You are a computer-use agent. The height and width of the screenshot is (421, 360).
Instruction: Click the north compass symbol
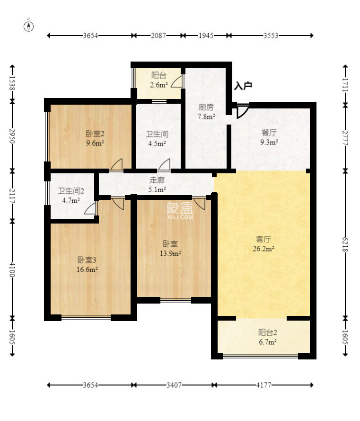[29, 27]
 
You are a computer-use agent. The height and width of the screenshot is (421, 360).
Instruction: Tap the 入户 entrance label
[243, 86]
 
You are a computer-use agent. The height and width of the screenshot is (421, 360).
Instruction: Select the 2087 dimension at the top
[158, 36]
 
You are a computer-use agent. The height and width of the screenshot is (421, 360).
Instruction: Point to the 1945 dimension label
[206, 36]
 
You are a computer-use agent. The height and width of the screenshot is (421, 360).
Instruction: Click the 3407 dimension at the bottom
[174, 385]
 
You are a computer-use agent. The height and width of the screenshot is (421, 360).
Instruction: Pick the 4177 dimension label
[263, 385]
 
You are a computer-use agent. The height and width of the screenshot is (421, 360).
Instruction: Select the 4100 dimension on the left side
[12, 269]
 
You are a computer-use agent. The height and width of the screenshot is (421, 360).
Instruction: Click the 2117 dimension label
[12, 196]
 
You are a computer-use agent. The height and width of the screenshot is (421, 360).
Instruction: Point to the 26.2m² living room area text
[263, 249]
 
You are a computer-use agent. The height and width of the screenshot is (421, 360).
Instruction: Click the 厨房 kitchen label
[206, 107]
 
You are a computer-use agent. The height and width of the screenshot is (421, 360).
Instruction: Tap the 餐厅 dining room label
[269, 133]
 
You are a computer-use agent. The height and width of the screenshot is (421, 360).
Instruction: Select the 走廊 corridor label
[157, 180]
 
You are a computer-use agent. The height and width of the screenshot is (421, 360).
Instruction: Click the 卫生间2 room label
[71, 191]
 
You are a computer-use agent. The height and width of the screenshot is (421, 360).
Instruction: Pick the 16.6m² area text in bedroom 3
[87, 269]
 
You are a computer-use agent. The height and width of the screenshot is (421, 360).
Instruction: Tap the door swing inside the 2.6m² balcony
[176, 81]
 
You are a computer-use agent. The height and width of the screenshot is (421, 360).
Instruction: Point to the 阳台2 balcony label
[267, 332]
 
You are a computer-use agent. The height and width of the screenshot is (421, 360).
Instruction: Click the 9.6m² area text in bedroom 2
[95, 143]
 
